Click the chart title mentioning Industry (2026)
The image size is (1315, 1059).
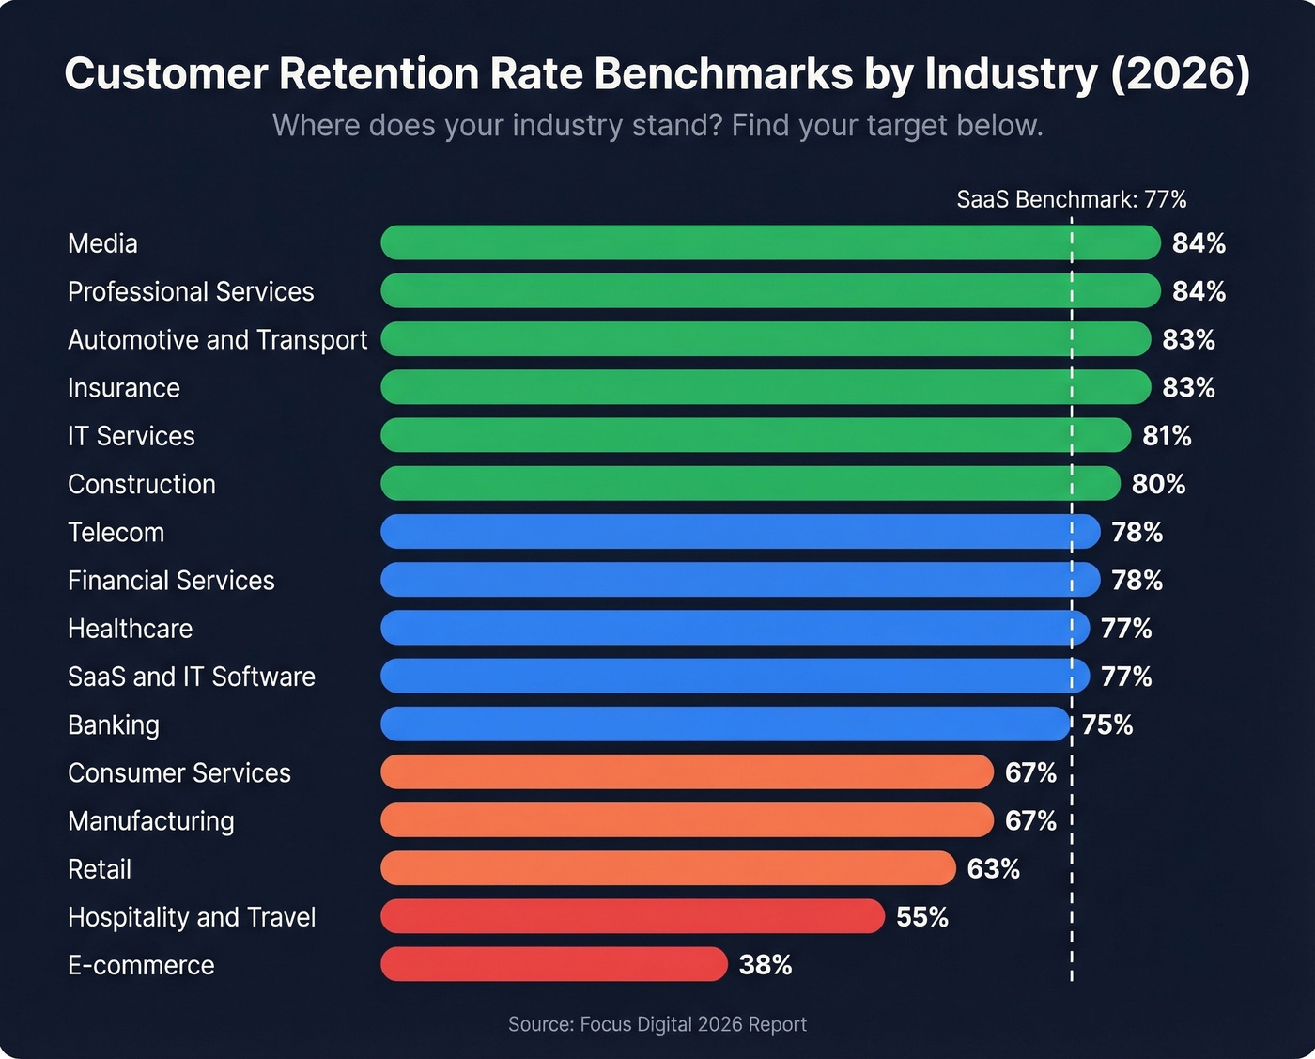point(657,74)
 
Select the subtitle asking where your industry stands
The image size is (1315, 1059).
point(657,125)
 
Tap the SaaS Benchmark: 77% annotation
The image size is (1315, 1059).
point(1071,199)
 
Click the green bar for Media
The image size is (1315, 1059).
point(770,242)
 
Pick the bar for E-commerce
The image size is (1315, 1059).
point(553,964)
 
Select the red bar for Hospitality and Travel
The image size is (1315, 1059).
point(632,916)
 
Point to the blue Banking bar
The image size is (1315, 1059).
point(724,724)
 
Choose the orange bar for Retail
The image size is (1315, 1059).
point(668,868)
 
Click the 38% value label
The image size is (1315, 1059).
point(766,965)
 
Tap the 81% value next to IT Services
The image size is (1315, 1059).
point(1167,436)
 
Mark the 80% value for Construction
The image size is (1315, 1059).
point(1158,484)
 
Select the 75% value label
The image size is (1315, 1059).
point(1107,724)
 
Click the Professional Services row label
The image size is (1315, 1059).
point(191,291)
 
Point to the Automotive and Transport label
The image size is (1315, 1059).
point(217,339)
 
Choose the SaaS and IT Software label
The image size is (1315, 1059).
point(192,677)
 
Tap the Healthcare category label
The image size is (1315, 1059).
point(130,628)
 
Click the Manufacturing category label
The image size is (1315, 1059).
point(150,820)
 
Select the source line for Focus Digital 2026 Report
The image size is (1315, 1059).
point(657,1024)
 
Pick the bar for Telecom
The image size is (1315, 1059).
point(739,532)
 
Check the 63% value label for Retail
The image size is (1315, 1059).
point(993,868)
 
